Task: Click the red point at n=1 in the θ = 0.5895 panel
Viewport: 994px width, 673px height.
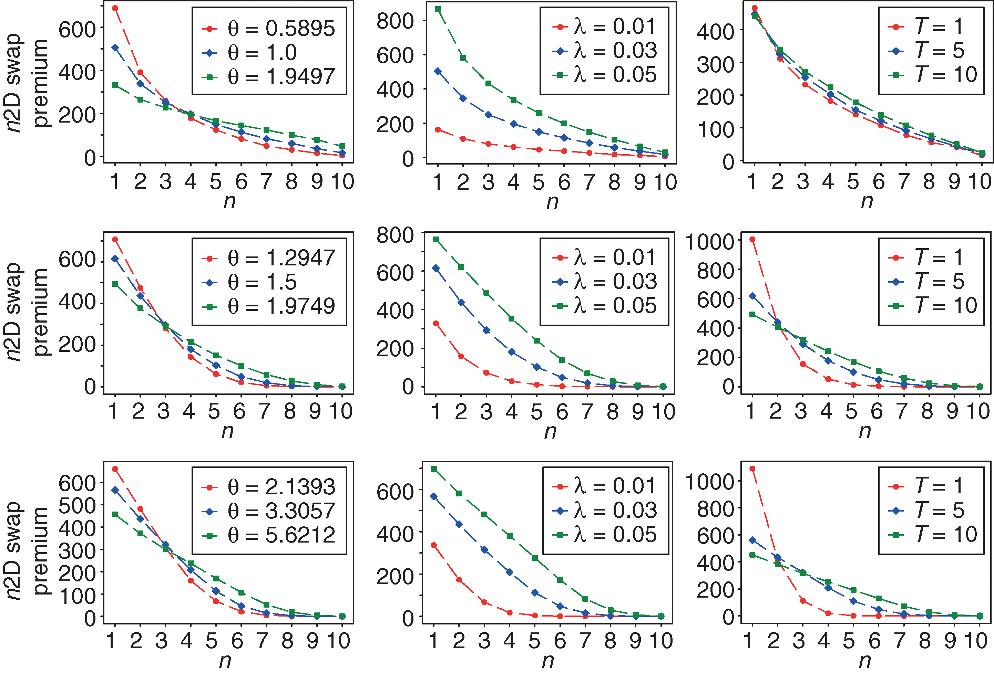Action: coord(115,8)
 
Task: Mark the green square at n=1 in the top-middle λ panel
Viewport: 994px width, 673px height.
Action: coord(438,9)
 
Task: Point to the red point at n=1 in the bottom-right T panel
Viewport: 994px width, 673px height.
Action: coord(752,469)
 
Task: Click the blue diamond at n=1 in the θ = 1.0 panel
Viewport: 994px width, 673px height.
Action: coord(115,48)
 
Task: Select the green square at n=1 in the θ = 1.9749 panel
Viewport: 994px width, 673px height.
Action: coord(115,284)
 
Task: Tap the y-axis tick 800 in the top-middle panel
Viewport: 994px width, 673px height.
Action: coord(395,21)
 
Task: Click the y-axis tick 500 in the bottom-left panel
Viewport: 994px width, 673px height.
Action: coord(77,506)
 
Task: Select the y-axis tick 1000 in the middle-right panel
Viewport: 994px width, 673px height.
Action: coord(710,241)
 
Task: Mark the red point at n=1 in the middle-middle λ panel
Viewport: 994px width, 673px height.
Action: coord(436,324)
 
